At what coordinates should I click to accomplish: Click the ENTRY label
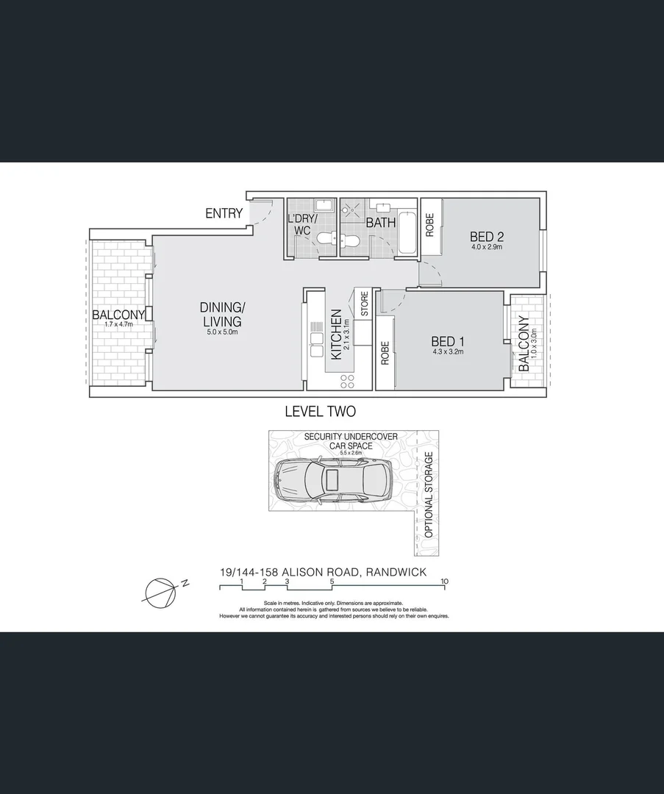(224, 213)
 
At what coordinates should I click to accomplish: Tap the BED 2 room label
(486, 237)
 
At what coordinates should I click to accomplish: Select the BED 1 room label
(447, 341)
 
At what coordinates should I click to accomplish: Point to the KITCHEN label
(337, 334)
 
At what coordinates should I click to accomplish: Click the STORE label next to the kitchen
(364, 304)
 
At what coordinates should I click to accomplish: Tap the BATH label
(381, 222)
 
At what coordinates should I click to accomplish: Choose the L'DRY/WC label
(303, 224)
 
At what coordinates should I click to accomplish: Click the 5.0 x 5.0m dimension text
(221, 332)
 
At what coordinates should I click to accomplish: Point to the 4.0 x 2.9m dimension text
(486, 247)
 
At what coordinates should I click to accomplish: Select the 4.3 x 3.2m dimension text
(447, 351)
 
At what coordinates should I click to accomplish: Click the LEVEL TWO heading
(320, 412)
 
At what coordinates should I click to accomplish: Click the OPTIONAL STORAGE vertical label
(429, 494)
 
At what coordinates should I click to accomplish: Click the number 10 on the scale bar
(444, 582)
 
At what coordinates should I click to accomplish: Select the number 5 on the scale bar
(332, 582)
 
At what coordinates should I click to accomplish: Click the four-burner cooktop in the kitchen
(346, 381)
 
